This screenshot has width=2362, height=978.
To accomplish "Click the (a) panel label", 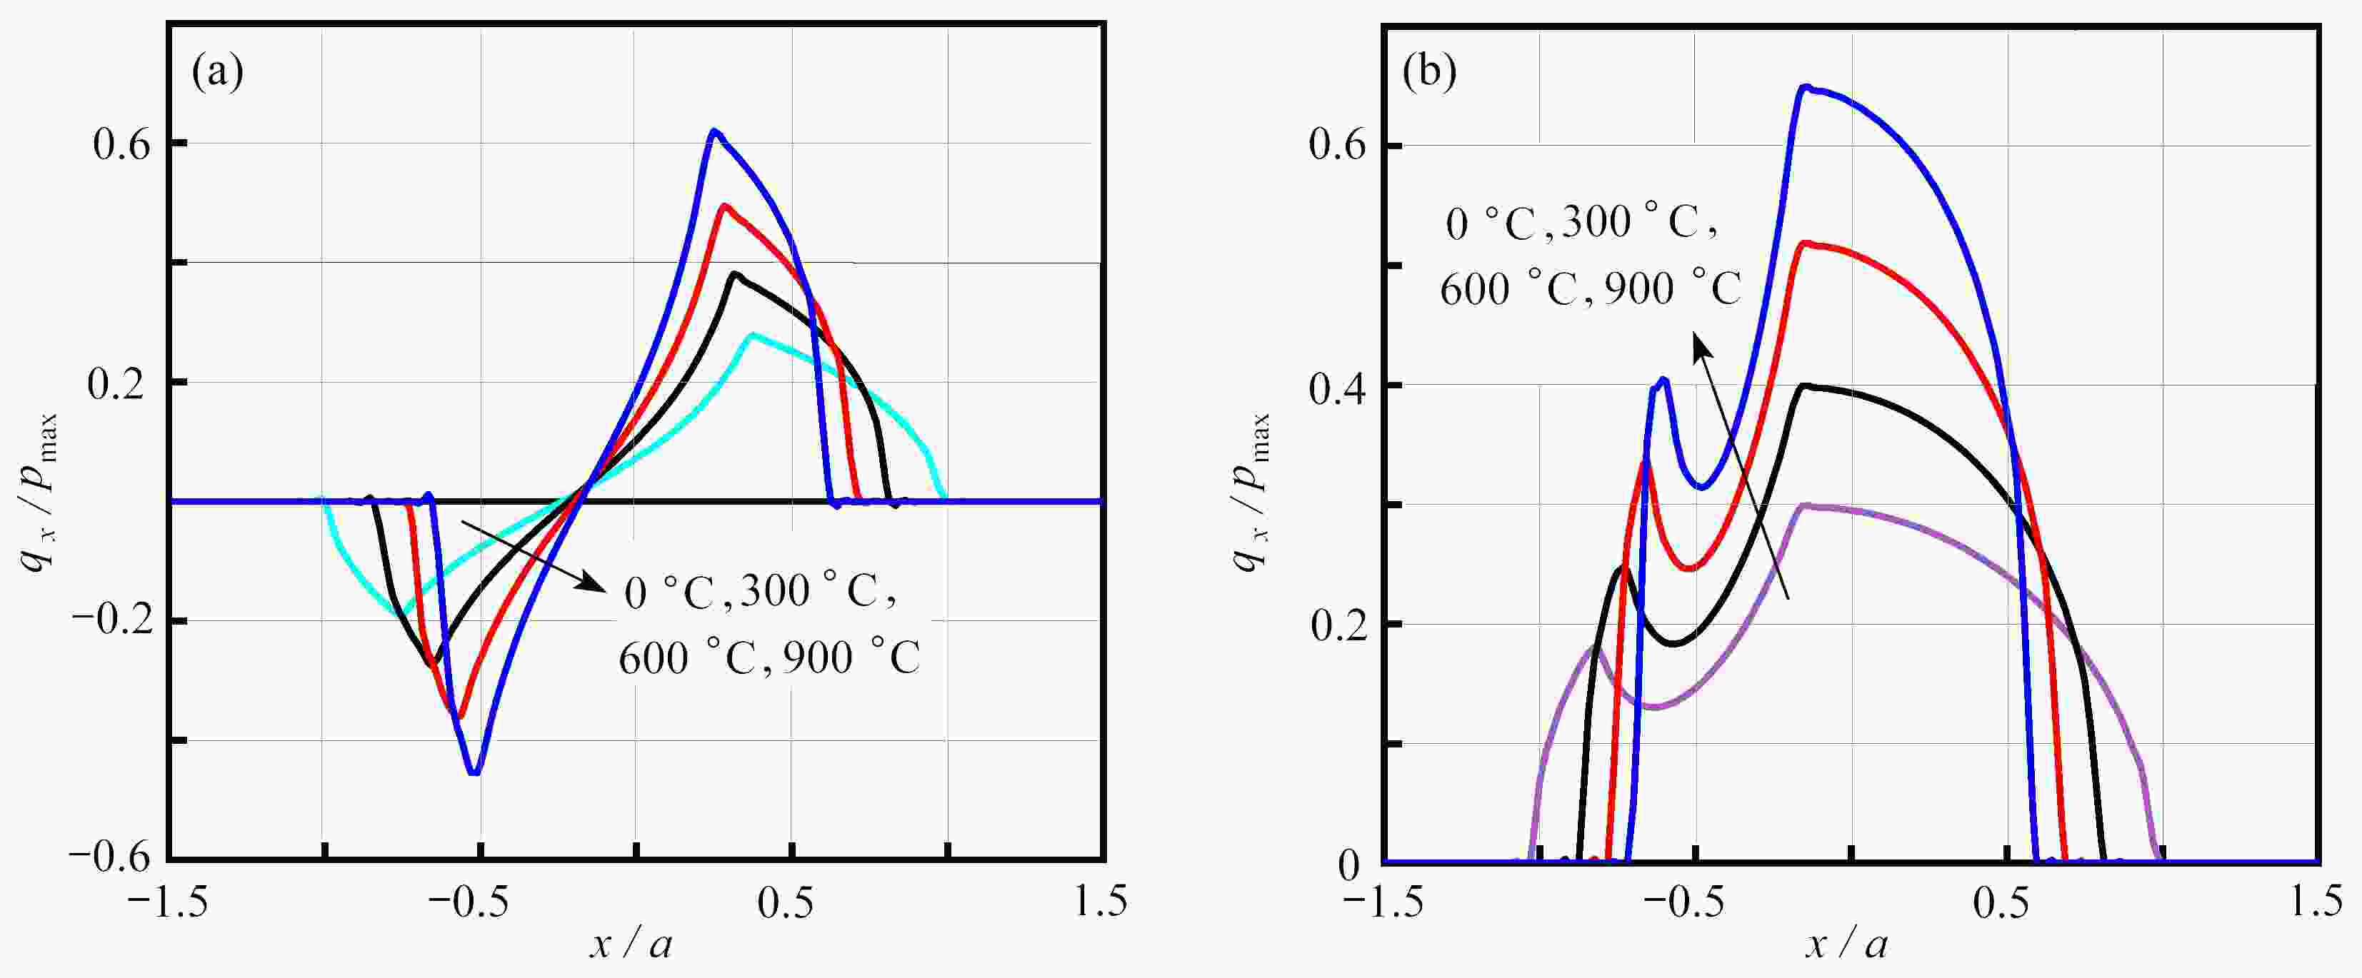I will pos(217,72).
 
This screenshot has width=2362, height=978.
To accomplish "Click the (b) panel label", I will pos(1429,72).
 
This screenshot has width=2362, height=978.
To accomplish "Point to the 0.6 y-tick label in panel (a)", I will pos(123,145).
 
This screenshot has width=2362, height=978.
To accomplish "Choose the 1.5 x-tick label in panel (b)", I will pos(2316,904).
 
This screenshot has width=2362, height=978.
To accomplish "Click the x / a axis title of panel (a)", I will pos(631,944).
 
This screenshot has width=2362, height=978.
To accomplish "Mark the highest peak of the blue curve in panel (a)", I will pos(714,132).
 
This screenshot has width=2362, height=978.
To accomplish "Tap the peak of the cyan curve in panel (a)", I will pos(753,335).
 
